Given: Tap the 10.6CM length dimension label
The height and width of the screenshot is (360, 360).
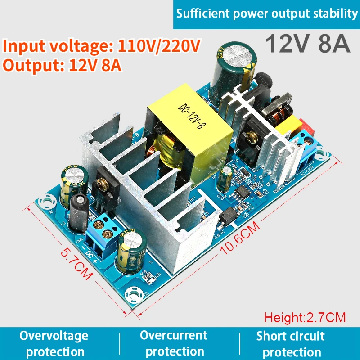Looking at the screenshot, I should [x=240, y=238].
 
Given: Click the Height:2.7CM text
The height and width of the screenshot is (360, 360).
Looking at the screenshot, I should [x=305, y=318].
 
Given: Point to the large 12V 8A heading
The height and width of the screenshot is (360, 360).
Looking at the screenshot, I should [x=307, y=44].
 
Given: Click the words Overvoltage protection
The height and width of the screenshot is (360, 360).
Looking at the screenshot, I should [x=54, y=343].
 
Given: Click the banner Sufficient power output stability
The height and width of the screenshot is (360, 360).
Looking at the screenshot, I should [x=267, y=14].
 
